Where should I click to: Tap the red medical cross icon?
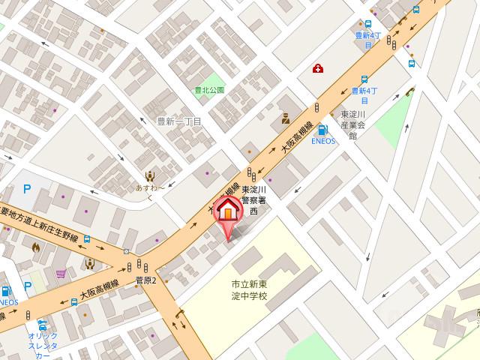pyautogui.click(x=318, y=69)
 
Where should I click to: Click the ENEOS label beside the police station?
pyautogui.click(x=323, y=141)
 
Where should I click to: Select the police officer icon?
pyautogui.click(x=285, y=117)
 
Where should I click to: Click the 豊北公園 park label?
pyautogui.click(x=209, y=89)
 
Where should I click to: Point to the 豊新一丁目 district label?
pyautogui.click(x=179, y=121)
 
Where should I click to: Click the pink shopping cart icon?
pyautogui.click(x=61, y=273)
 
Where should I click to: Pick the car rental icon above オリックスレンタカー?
pyautogui.click(x=42, y=325)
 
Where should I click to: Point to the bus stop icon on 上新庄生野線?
pyautogui.click(x=88, y=240)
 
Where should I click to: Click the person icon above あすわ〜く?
pyautogui.click(x=150, y=176)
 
